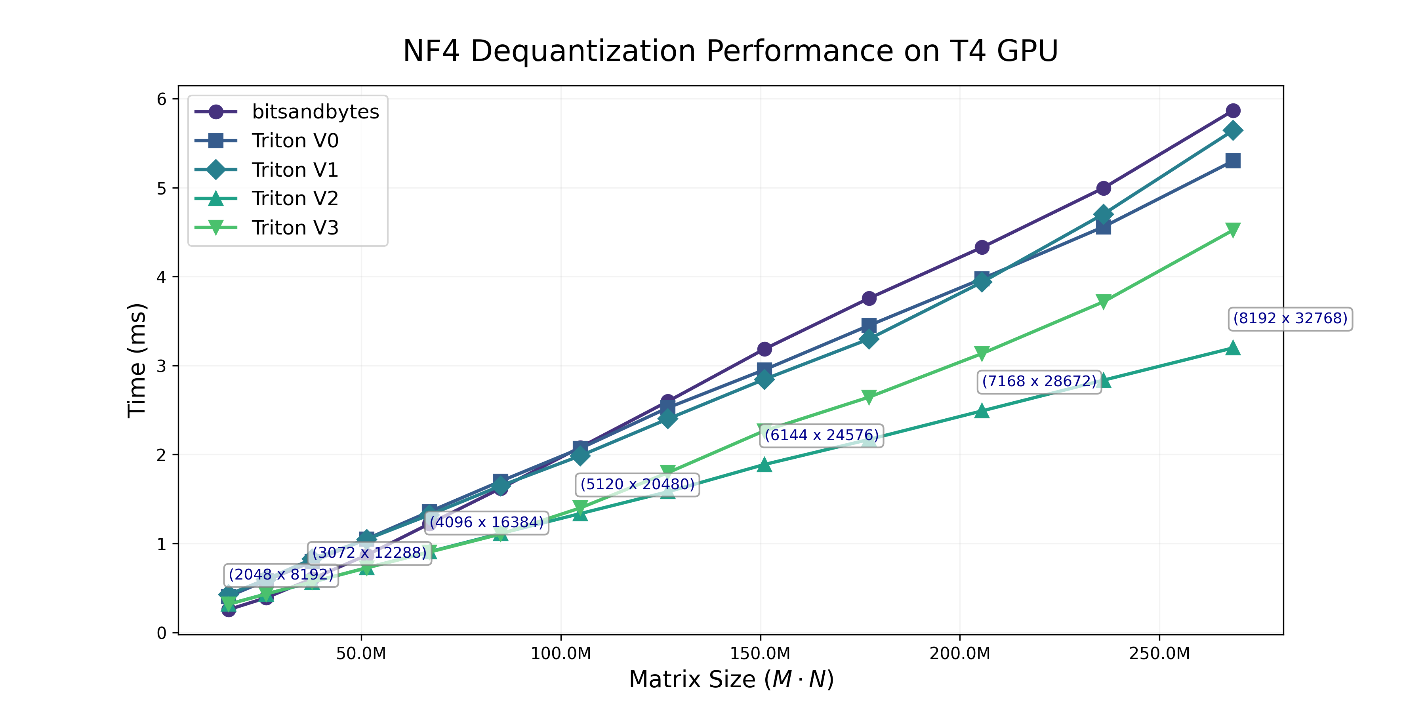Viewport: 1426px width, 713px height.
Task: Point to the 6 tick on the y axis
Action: tap(162, 99)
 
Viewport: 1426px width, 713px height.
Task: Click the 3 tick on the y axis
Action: tap(162, 366)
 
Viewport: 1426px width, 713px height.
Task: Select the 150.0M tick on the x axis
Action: tap(760, 654)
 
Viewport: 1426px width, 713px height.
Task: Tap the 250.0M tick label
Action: tap(1159, 654)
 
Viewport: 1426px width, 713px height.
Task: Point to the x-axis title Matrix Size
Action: tap(731, 679)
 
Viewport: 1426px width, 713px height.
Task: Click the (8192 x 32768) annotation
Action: tap(1290, 319)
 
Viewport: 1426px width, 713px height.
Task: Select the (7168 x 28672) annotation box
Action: tap(1039, 381)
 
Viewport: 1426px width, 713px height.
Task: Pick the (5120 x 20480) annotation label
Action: tap(637, 484)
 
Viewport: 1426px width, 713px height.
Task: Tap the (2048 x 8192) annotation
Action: tap(281, 575)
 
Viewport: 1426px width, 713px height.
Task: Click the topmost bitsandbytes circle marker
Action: tap(1233, 111)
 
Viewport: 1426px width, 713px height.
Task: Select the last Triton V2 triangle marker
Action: tap(1233, 348)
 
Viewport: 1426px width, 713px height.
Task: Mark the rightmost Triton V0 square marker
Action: tap(1233, 161)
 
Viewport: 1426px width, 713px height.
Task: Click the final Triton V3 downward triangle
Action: tap(1233, 230)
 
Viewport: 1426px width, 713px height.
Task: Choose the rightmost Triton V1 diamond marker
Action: tap(1233, 131)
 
